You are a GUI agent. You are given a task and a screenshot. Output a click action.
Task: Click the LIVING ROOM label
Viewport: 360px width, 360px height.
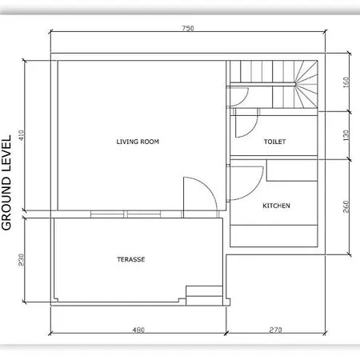point(138,142)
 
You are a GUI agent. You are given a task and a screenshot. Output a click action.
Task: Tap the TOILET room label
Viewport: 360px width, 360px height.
point(274,142)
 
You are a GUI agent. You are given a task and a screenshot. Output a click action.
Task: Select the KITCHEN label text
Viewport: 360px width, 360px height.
point(276,206)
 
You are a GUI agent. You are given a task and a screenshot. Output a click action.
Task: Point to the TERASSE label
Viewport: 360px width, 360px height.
point(131,259)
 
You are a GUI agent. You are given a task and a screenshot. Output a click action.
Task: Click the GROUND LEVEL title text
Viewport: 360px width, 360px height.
point(6,182)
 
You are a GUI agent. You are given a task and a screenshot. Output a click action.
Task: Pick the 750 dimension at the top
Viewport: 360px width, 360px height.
point(188,28)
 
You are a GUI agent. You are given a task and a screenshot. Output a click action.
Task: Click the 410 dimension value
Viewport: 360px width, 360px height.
point(22,135)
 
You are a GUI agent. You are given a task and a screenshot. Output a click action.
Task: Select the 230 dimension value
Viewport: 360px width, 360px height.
point(22,260)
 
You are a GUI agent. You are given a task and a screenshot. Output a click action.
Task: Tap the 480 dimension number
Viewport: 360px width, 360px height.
point(138,330)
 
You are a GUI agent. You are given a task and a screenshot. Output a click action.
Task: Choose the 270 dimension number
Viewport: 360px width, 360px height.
point(275,330)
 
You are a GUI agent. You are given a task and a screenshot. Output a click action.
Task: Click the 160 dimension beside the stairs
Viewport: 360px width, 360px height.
point(346,82)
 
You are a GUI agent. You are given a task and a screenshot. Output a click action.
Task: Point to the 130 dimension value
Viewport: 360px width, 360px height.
point(346,135)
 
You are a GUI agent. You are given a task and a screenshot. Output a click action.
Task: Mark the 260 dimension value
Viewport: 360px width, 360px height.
point(346,206)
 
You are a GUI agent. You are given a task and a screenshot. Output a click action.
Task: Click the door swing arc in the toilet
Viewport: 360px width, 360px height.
point(253,130)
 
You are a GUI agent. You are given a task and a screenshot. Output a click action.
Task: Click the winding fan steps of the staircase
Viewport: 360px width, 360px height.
point(306,84)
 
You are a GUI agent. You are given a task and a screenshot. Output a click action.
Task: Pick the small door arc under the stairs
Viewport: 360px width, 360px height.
point(245,99)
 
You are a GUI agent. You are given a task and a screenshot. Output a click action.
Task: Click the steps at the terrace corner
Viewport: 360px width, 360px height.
point(204,295)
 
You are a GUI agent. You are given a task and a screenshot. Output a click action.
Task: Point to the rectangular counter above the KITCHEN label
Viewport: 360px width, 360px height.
point(292,170)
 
